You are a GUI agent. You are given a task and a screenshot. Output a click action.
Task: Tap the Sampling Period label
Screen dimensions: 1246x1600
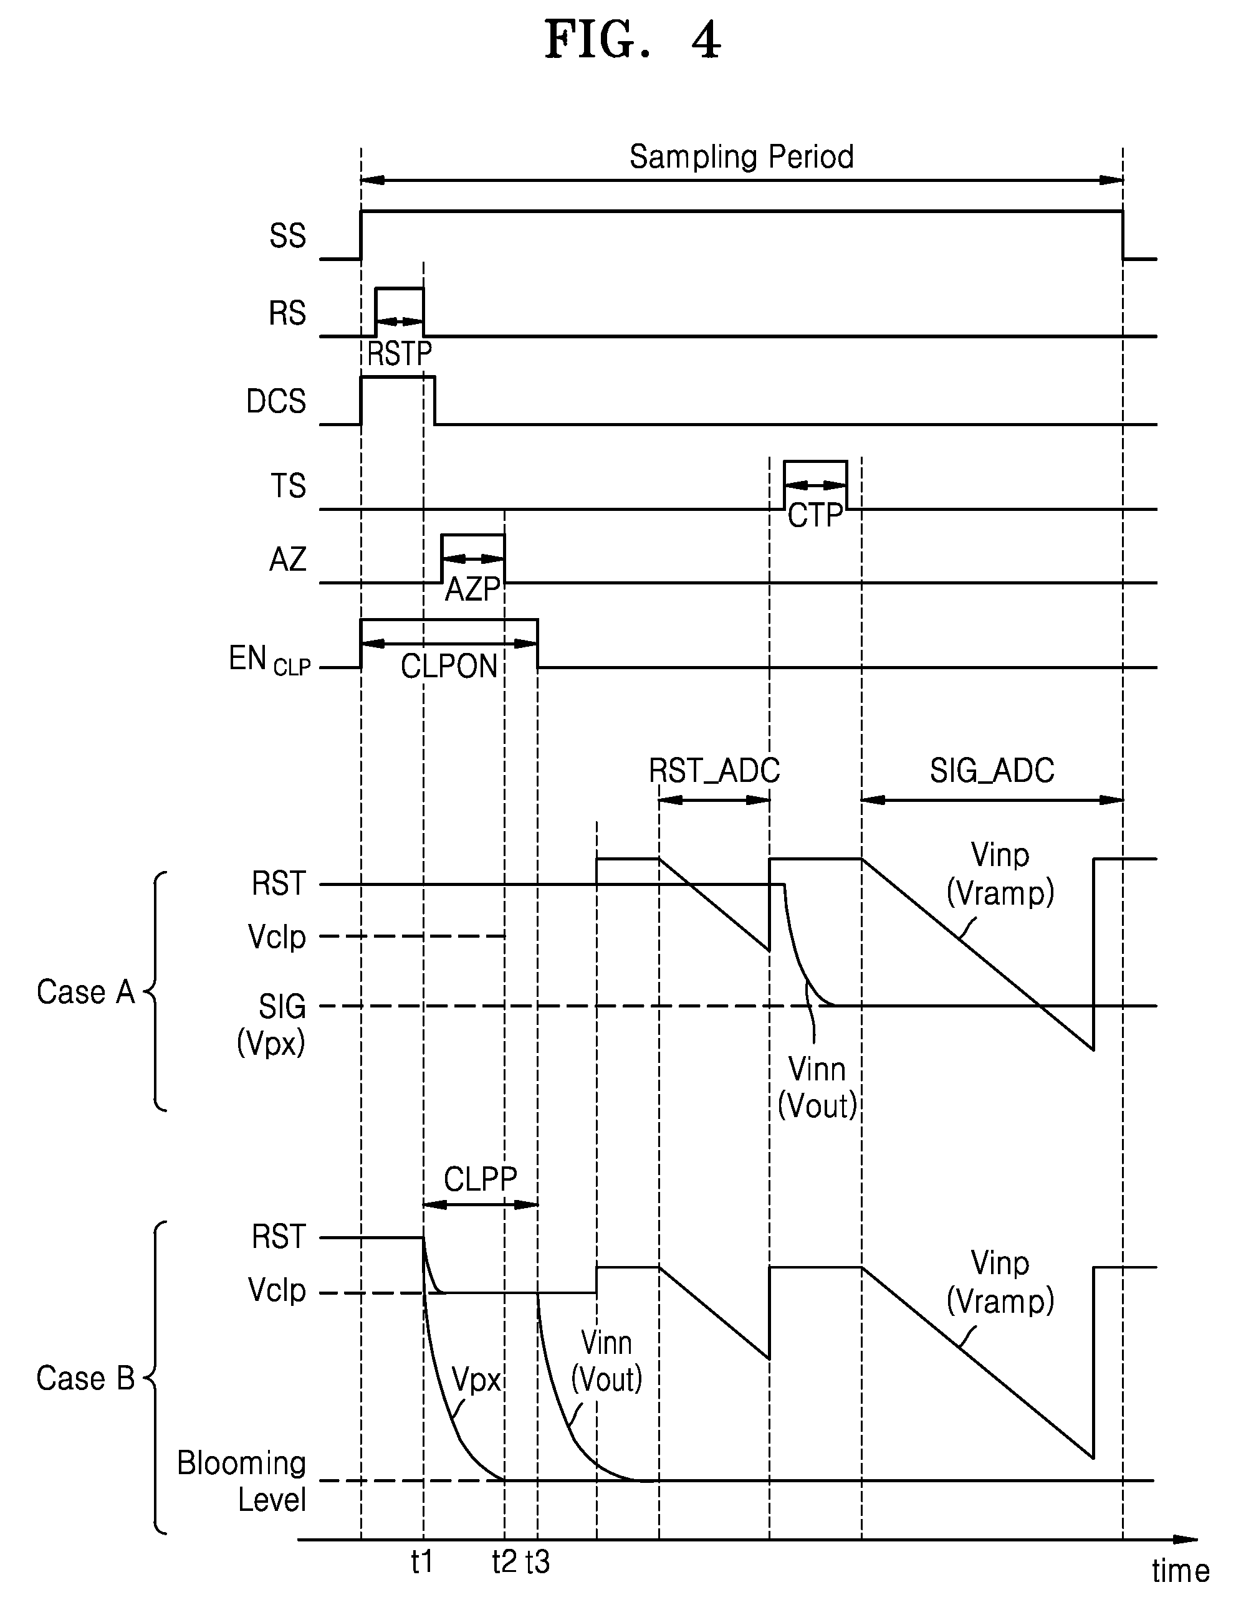(742, 157)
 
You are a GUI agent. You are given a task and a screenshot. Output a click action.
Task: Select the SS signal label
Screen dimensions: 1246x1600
(287, 236)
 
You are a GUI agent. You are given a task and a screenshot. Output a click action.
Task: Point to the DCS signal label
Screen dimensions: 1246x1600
(276, 401)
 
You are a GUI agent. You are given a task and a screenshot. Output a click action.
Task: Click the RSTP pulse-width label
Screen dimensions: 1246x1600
(400, 354)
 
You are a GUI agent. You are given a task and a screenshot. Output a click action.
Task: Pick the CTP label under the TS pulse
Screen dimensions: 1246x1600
(815, 516)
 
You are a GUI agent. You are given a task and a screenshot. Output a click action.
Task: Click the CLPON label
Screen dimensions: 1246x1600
(449, 667)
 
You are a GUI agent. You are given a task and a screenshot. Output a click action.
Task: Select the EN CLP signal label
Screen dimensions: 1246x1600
(270, 659)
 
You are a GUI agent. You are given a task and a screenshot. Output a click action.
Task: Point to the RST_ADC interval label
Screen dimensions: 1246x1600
(714, 771)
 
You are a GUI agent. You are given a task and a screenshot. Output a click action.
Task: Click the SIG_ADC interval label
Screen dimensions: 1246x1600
(992, 771)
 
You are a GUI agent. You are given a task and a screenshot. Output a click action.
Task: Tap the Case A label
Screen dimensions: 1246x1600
(86, 992)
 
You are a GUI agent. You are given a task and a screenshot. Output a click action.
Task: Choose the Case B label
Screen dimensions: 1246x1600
(86, 1378)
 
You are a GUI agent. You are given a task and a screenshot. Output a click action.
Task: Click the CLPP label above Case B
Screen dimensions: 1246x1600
(481, 1179)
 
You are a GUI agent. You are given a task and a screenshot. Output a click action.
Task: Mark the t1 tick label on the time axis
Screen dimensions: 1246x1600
(422, 1562)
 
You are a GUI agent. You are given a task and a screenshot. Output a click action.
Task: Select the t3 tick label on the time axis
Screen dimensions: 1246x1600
(538, 1562)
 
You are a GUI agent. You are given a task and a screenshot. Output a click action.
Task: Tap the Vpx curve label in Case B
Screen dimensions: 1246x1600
(476, 1379)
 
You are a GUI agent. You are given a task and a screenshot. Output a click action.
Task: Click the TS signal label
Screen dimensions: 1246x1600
(288, 486)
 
